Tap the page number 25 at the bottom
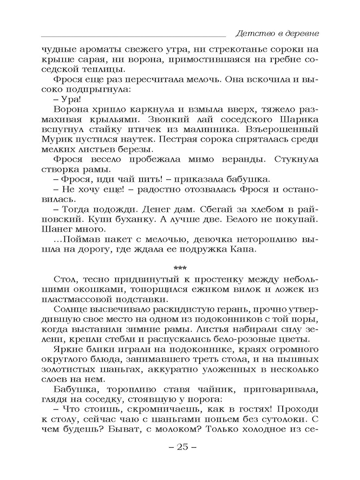click(180, 446)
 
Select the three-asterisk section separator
click(180, 267)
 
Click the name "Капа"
click(247, 250)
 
